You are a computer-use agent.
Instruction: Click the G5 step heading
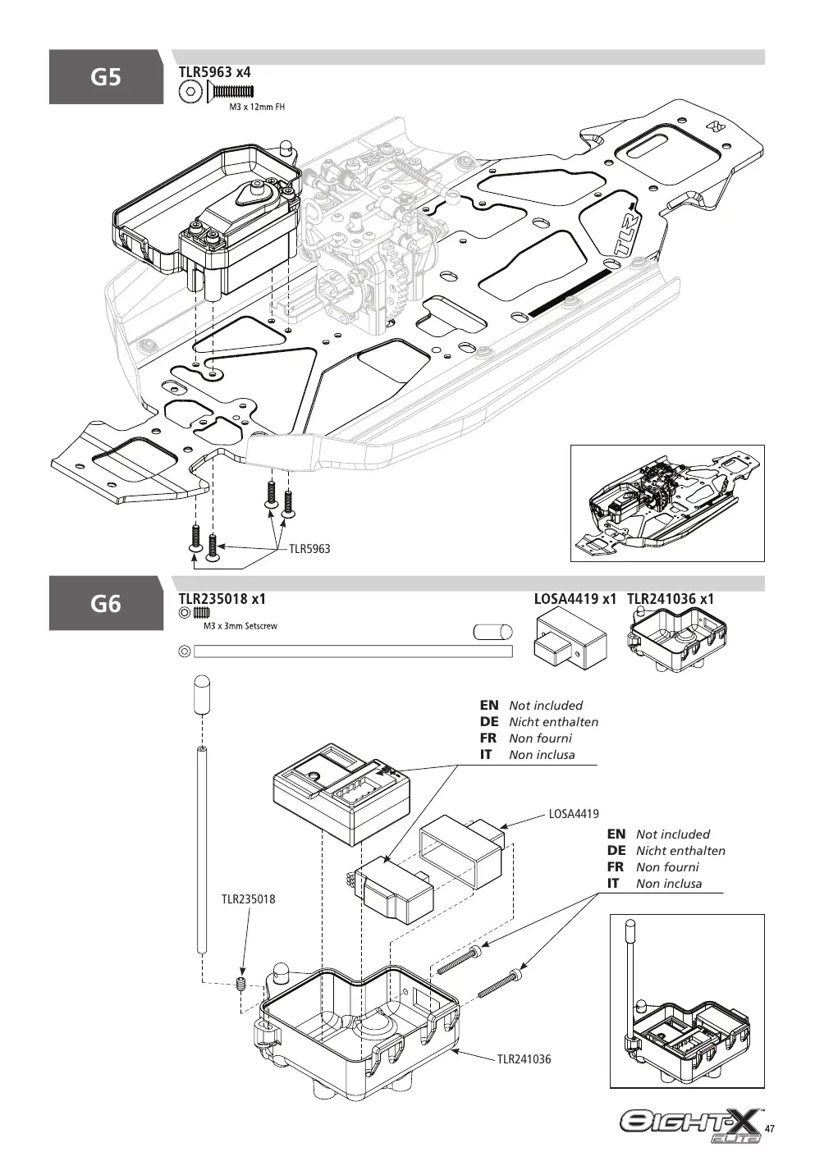pos(106,77)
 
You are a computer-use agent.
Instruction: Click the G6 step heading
pos(106,603)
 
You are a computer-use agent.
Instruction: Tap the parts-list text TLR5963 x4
pos(214,72)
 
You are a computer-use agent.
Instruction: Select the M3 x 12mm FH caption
pos(257,107)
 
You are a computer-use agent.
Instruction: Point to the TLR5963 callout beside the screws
pos(309,549)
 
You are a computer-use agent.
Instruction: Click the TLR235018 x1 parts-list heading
pos(222,599)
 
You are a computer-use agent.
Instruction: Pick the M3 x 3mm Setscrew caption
pos(240,626)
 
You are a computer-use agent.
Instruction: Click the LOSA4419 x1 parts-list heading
pos(575,599)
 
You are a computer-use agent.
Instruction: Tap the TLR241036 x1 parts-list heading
pos(671,599)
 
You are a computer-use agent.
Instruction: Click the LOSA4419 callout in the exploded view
pos(574,814)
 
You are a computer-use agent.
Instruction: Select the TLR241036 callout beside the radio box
pos(524,1059)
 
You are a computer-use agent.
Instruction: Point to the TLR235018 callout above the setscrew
pos(249,899)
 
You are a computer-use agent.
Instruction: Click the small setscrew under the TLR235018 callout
pos(240,983)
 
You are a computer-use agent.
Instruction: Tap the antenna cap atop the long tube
pos(202,695)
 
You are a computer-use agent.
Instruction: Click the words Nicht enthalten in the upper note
pos(554,721)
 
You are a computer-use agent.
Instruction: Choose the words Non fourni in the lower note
pos(667,866)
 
